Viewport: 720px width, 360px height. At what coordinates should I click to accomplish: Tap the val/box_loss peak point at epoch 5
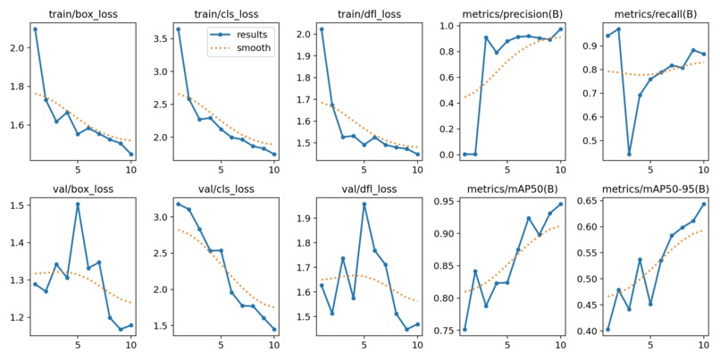coord(78,204)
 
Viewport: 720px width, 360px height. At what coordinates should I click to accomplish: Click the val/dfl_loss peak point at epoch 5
coord(364,204)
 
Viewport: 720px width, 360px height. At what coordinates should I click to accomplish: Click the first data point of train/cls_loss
coord(178,29)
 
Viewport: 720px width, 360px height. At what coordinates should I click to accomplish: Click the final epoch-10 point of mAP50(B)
coord(560,204)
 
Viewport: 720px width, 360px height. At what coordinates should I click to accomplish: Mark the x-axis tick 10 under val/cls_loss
coord(273,345)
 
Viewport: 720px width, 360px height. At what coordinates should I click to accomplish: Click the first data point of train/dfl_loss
coord(321,29)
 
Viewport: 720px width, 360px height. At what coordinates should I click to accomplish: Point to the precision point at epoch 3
coord(486,38)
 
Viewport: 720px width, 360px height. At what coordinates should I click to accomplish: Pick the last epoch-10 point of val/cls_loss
coord(274,329)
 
